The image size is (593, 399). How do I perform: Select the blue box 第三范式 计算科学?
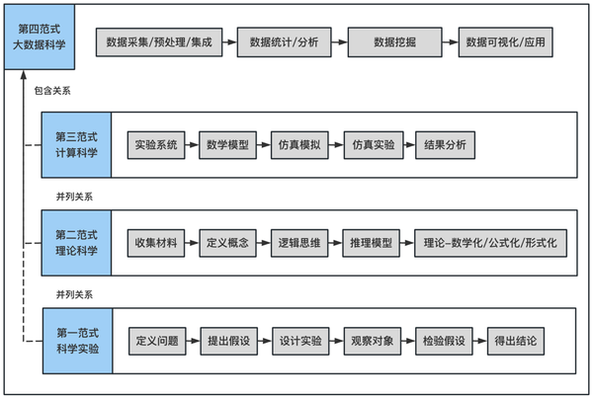(76, 144)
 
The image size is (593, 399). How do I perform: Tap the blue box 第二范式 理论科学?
(76, 243)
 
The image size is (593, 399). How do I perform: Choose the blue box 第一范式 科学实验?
(76, 341)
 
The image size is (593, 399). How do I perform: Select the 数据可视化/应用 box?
(507, 43)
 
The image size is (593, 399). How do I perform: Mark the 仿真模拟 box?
(300, 144)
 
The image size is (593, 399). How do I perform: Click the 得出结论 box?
(517, 341)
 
